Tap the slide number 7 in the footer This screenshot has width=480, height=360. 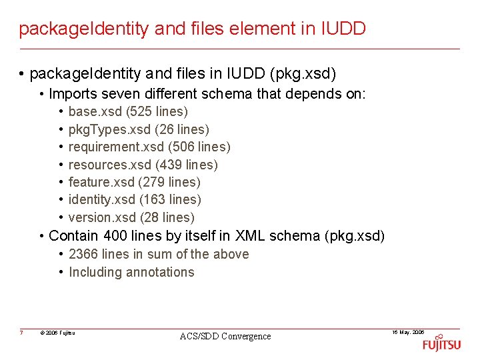(22, 333)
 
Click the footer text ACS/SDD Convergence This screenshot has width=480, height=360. (225, 337)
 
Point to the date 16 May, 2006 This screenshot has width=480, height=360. (408, 332)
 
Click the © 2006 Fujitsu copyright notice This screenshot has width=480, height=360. (57, 333)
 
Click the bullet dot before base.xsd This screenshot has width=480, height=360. (61, 112)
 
